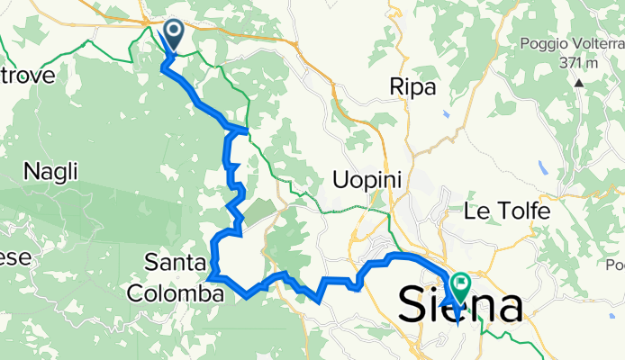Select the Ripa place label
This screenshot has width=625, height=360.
412,87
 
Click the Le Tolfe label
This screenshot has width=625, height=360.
506,211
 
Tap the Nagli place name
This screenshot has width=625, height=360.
51,170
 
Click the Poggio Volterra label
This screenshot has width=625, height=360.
571,44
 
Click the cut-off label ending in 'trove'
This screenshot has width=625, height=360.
29,74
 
